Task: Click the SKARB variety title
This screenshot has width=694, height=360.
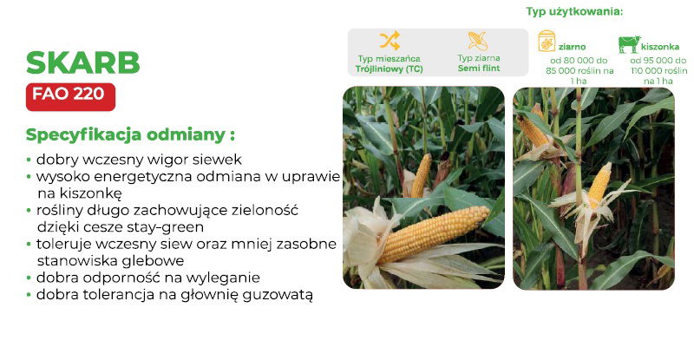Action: pos(83,62)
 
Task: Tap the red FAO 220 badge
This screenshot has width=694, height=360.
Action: pos(70,95)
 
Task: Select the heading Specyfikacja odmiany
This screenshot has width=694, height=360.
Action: pos(130,135)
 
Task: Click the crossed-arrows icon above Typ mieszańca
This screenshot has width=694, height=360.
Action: pos(390,40)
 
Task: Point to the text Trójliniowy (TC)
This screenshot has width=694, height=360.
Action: pos(390,66)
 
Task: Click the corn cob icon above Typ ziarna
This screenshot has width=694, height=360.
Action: pos(478,40)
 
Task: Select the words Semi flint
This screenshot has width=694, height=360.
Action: pos(478,66)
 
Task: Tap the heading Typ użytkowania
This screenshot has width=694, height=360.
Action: pos(574,12)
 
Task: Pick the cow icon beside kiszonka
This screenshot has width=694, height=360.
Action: pos(629,43)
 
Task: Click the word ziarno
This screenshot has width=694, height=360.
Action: pos(573,47)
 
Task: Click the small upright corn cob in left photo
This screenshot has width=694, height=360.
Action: pos(422,175)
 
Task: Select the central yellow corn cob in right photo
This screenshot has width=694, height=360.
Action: pos(599,184)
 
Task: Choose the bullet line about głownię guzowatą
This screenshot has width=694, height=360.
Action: pos(174,295)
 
